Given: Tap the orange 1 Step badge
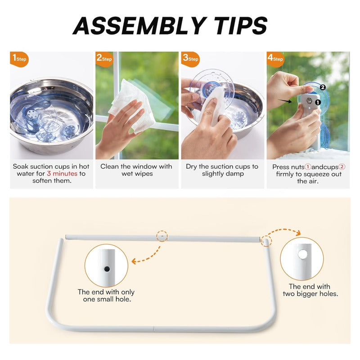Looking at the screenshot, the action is click(19, 59).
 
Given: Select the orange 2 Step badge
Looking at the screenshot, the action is click(104, 59).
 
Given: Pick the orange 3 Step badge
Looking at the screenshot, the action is click(190, 59).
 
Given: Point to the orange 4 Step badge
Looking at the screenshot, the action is click(275, 59).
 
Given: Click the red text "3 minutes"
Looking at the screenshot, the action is click(62, 174).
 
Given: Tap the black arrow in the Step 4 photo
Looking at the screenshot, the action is click(285, 101).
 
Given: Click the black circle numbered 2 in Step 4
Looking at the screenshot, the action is click(323, 87).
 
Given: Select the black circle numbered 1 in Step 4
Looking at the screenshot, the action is click(318, 103).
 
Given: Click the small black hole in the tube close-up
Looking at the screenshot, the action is click(107, 269).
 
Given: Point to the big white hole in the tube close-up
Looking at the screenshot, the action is click(303, 254).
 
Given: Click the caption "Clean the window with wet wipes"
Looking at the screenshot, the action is click(137, 170).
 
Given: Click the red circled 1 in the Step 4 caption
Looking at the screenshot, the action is click(308, 167).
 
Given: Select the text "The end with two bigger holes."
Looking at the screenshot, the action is click(310, 290).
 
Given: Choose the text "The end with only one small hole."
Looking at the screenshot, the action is click(106, 296).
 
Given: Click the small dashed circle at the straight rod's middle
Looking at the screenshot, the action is click(162, 236).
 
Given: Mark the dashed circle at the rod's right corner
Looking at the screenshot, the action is click(266, 241).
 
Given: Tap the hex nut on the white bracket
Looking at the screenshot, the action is click(309, 100).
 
